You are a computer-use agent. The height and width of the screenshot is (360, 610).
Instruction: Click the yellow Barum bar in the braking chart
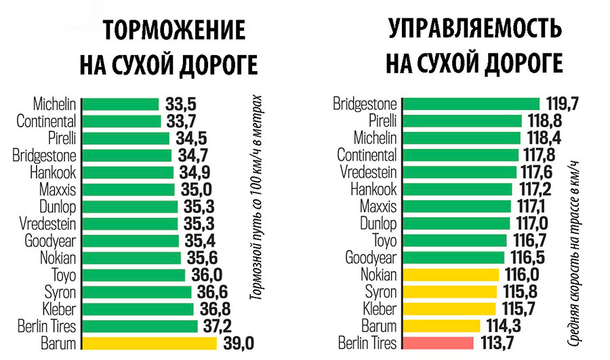coord(149,342)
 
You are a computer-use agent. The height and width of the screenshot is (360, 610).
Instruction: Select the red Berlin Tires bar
coord(438,342)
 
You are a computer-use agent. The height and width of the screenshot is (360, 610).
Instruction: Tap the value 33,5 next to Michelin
coord(180,104)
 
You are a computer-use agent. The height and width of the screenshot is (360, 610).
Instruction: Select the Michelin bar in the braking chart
coord(120,104)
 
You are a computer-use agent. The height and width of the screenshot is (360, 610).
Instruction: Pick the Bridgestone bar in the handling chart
coord(471,104)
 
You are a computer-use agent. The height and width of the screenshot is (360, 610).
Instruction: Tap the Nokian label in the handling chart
coord(379,275)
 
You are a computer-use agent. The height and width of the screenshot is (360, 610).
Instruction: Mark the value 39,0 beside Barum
coord(238,343)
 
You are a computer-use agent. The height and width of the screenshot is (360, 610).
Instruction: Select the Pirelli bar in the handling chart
coord(462,121)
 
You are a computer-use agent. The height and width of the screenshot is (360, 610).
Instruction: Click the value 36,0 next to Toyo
coord(206,275)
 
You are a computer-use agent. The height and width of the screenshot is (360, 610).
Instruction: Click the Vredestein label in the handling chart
coord(367,172)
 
